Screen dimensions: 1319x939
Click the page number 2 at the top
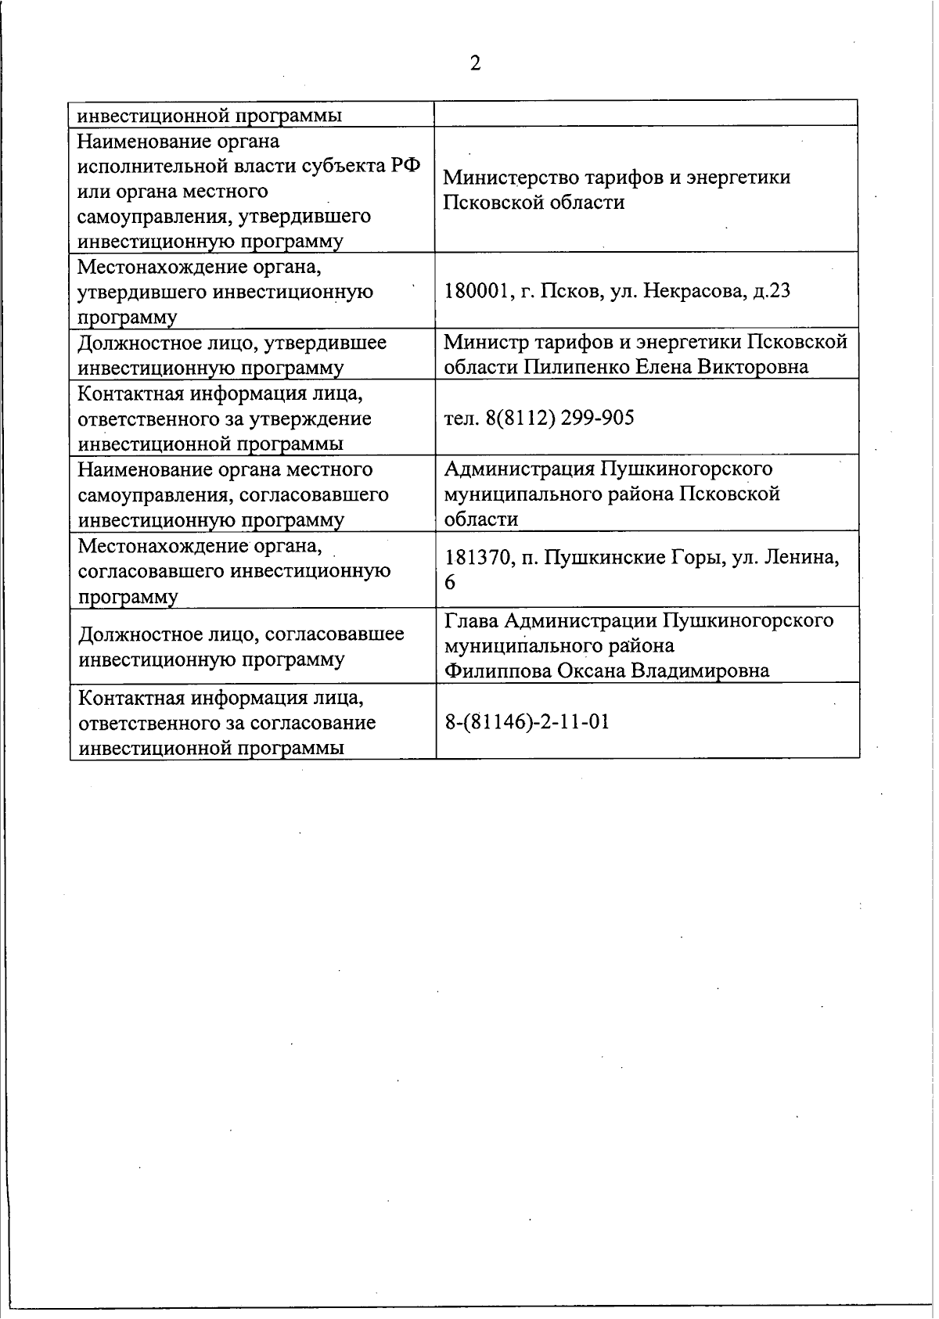pyautogui.click(x=475, y=63)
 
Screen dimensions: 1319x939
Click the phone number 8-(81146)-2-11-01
pyautogui.click(x=527, y=721)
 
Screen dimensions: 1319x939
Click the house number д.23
pyautogui.click(x=770, y=292)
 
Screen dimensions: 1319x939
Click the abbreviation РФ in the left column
pyautogui.click(x=408, y=167)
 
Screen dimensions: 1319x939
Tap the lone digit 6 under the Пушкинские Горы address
pyautogui.click(x=450, y=583)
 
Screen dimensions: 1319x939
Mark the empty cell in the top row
pyautogui.click(x=646, y=114)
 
